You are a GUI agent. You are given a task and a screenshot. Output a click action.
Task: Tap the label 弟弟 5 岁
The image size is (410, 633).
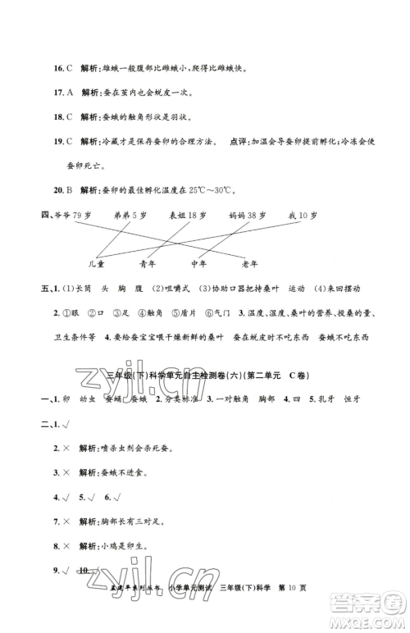[x=127, y=214]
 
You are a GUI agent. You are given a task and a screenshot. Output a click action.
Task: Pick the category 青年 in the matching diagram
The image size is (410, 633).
[x=151, y=263]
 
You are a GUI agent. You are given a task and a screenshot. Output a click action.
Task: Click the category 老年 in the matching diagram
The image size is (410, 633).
[x=250, y=263]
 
